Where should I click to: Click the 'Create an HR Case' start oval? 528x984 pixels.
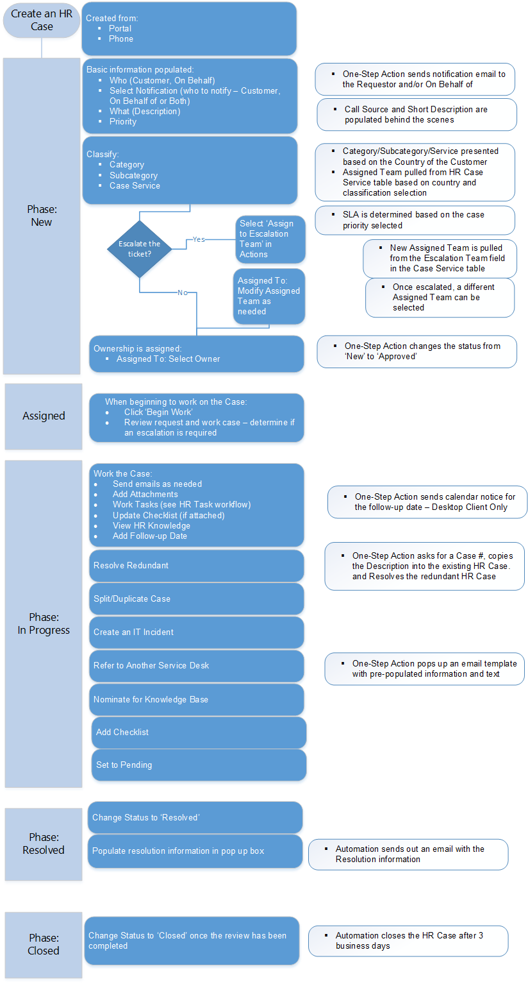point(42,20)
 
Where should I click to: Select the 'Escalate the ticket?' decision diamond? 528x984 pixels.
point(139,249)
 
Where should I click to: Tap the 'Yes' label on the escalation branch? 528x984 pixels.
point(199,239)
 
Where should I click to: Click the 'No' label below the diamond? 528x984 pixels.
point(183,293)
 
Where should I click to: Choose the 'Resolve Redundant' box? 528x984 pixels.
point(196,566)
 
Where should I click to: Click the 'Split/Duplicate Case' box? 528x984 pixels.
point(196,599)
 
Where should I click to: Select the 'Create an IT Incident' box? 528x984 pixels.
point(196,632)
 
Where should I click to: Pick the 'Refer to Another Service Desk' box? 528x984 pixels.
point(196,666)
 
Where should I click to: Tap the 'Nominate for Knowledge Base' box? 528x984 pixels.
point(196,700)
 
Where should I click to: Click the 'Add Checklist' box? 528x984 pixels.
point(199,733)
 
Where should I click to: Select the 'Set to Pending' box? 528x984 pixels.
point(199,765)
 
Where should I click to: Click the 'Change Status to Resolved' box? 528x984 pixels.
point(195,818)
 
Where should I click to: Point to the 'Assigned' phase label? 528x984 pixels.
point(44,416)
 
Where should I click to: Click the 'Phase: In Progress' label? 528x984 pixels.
point(44,623)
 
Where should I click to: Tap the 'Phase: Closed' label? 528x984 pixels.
point(44,944)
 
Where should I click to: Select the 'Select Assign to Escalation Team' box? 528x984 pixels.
point(269,239)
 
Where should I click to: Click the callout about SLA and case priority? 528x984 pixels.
point(415,220)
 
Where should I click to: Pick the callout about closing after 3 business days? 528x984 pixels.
point(408,941)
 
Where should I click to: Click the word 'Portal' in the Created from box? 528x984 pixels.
point(120,29)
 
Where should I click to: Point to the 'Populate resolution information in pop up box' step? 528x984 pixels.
point(195,851)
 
